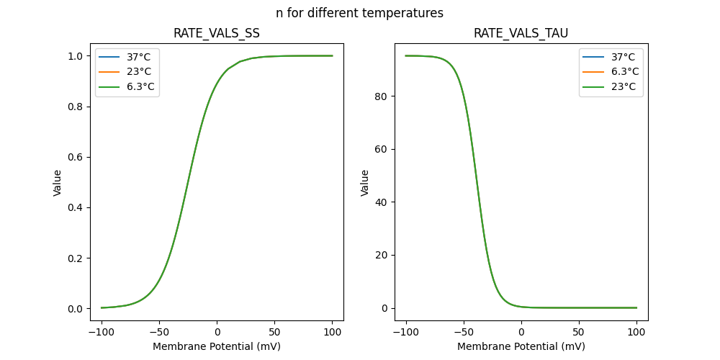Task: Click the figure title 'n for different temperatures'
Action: (x=359, y=13)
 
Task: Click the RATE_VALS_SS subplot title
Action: (x=217, y=34)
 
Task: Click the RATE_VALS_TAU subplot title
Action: (x=521, y=34)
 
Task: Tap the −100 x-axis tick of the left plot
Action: (x=102, y=333)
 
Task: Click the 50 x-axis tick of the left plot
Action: (x=274, y=333)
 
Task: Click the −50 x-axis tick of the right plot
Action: (x=464, y=333)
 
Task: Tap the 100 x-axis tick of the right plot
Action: (x=636, y=333)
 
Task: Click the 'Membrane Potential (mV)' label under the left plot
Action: (x=217, y=346)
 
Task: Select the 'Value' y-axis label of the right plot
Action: (x=365, y=183)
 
